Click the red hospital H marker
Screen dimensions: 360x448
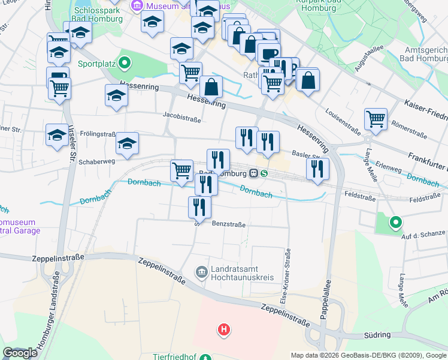[224, 329]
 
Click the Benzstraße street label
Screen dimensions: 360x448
[229, 224]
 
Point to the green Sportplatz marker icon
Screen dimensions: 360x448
[125, 62]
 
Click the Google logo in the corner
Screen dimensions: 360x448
[20, 353]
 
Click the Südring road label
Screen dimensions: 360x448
[377, 335]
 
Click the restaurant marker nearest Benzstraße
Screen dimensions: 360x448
[199, 207]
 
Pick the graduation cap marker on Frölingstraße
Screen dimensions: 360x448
[127, 143]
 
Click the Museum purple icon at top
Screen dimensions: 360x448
[135, 6]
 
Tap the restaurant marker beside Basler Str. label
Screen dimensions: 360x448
[317, 169]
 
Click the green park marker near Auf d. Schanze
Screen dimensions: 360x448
[395, 223]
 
